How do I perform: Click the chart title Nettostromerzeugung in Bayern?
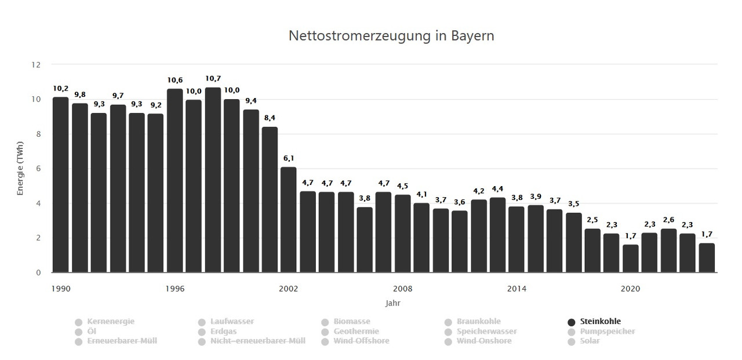coord(391,36)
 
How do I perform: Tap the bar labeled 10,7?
coord(213,180)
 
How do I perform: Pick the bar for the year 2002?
coord(289,220)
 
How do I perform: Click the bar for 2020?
coord(631,259)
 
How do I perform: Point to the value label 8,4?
coord(270,118)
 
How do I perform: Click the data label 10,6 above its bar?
coord(175,79)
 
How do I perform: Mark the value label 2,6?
coord(668,220)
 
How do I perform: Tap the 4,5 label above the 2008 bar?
coord(403,186)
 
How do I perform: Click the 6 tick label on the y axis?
coord(38,169)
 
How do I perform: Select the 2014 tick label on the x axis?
coord(517,288)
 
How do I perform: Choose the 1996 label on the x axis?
coord(174,288)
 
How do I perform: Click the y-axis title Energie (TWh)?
coord(20,169)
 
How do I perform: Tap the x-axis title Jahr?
coord(392,303)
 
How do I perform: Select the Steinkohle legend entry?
coord(600,322)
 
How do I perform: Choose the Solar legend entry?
coord(590,341)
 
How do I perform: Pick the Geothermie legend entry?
coord(357,332)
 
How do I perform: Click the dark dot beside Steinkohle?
coord(572,322)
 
